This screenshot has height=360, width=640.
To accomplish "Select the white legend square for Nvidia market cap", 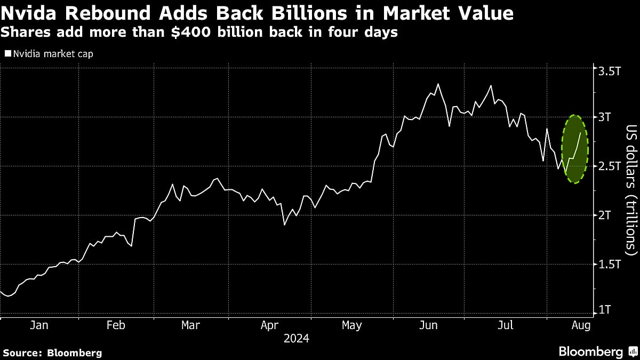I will click(x=7, y=54).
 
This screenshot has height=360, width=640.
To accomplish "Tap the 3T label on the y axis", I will click(x=606, y=117).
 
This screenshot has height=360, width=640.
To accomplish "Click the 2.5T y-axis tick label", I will click(x=610, y=166).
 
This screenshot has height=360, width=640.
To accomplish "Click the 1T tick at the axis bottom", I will click(x=606, y=310).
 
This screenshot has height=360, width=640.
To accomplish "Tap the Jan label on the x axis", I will click(x=39, y=325).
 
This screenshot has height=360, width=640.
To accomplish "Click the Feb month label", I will click(x=116, y=325).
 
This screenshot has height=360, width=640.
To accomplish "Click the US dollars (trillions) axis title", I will click(x=631, y=190).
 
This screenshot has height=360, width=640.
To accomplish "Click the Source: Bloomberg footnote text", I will click(x=52, y=353).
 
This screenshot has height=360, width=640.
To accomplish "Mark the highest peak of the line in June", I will click(x=438, y=84).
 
